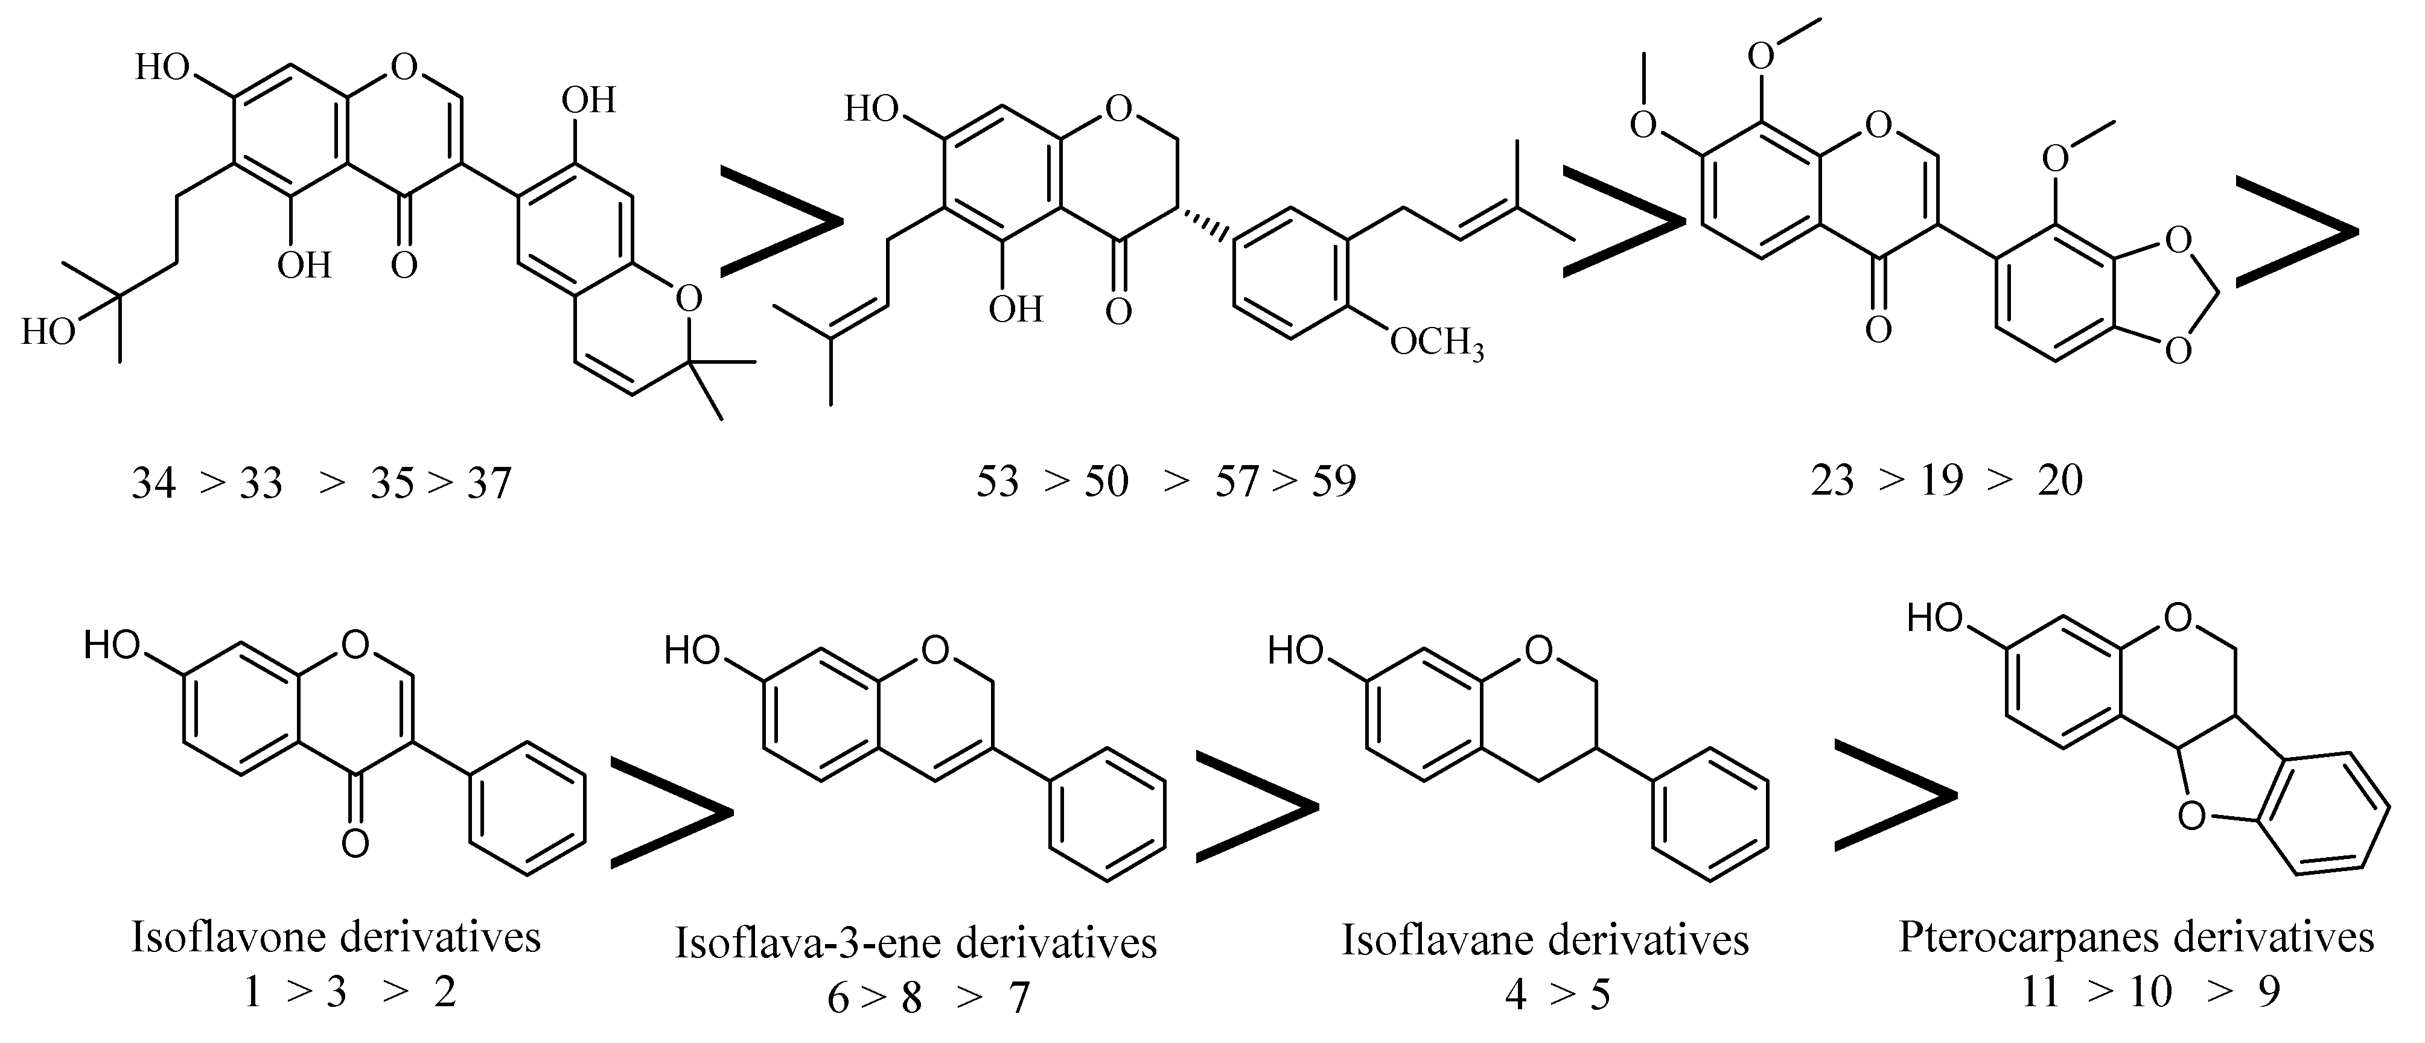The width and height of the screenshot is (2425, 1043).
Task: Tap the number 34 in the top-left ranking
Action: pyautogui.click(x=153, y=483)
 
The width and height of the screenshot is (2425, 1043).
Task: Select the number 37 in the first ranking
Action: pyautogui.click(x=489, y=483)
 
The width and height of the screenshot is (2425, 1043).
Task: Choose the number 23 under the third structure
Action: pyautogui.click(x=1832, y=481)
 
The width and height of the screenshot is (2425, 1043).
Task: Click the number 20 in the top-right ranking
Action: pyautogui.click(x=2060, y=481)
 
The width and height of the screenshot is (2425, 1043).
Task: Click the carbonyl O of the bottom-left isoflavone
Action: pyautogui.click(x=355, y=843)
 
